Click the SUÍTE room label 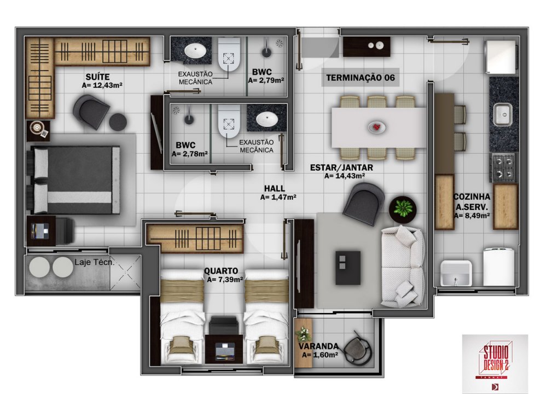point(98,77)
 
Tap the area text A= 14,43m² point(345,176)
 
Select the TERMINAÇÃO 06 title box point(360,78)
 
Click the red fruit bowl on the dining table point(377,128)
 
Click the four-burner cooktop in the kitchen point(503,167)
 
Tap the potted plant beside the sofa point(403,208)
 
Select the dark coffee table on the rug point(348,268)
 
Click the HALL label point(275,188)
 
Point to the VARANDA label point(318,346)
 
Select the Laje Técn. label point(94,262)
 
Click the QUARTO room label point(221,271)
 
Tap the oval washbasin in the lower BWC point(267,119)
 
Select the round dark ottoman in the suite point(118,122)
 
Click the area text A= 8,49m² point(472,216)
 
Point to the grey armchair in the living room point(364,204)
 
